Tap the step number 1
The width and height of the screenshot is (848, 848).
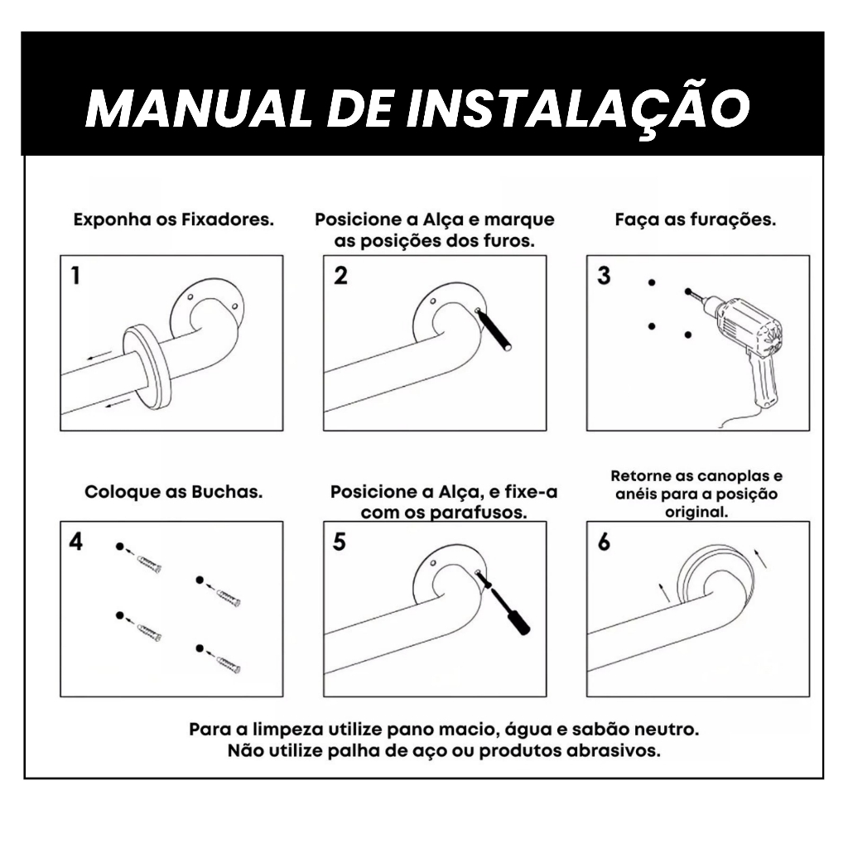click(75, 275)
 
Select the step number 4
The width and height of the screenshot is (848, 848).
click(75, 542)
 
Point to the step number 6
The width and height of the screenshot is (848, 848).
click(604, 542)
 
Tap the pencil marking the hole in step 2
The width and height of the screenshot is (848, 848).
click(494, 330)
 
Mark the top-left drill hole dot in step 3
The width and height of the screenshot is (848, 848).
click(652, 282)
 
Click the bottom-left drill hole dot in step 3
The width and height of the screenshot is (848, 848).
click(652, 326)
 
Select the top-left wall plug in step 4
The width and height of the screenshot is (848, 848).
click(149, 564)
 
